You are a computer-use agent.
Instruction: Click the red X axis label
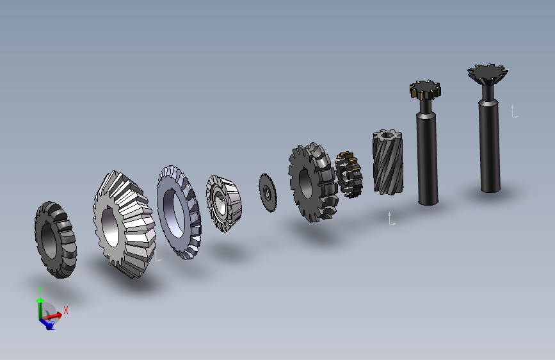click(x=65, y=311)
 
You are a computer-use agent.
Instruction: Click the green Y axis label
click(x=40, y=290)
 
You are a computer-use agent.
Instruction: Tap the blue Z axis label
click(x=52, y=325)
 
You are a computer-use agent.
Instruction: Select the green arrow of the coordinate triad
click(x=40, y=308)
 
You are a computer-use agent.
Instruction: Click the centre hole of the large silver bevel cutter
click(x=109, y=227)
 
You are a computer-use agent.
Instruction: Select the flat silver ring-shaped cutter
click(x=179, y=212)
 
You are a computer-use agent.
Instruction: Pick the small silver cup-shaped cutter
click(x=223, y=203)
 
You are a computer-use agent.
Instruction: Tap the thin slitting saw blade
click(x=268, y=193)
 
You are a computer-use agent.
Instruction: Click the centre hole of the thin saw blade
click(x=267, y=193)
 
